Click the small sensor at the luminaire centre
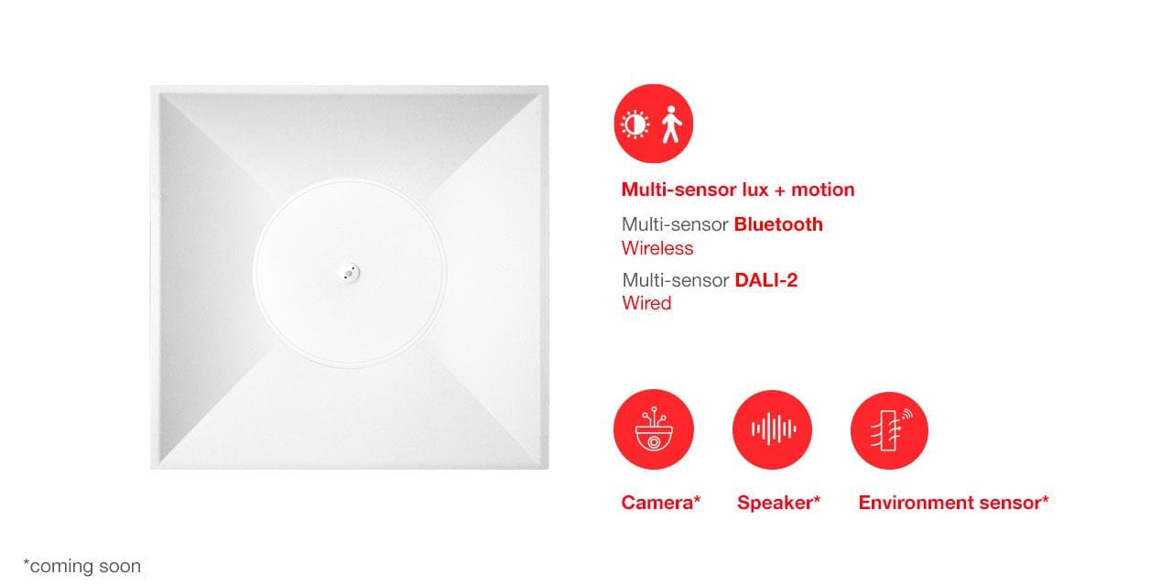(x=350, y=273)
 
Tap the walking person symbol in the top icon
(x=671, y=125)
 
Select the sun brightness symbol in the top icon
(x=635, y=125)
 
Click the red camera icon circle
(x=654, y=429)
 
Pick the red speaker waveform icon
(x=772, y=429)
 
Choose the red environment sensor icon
(x=889, y=430)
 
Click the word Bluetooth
(x=778, y=224)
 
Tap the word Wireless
(x=657, y=248)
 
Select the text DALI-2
(x=766, y=280)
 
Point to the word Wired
(x=646, y=303)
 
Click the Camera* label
(x=661, y=503)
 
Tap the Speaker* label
(x=778, y=503)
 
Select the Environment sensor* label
(x=953, y=503)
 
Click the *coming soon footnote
(x=82, y=566)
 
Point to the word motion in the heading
(x=822, y=190)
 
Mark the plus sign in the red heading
(x=780, y=190)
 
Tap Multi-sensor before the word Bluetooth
(x=675, y=224)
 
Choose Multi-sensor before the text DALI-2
(x=676, y=280)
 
